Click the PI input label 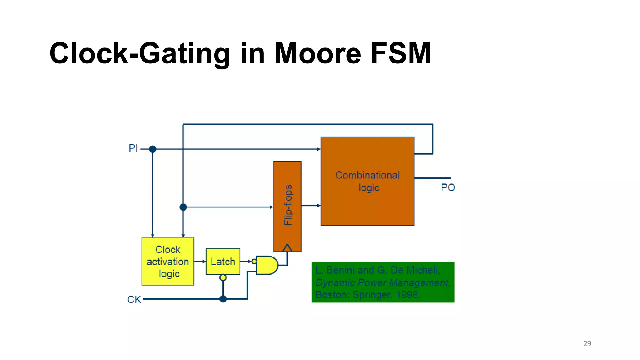[x=133, y=148]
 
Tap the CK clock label [x=134, y=299]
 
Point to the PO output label [x=447, y=187]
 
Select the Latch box [x=223, y=262]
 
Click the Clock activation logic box [x=168, y=262]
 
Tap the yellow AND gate [x=267, y=265]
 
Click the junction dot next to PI [x=152, y=149]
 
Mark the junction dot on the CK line [x=223, y=299]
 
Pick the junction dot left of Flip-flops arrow [x=183, y=207]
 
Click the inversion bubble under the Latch [x=223, y=277]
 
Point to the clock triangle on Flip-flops [x=287, y=248]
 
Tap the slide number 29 [x=587, y=343]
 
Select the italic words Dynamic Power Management [x=382, y=282]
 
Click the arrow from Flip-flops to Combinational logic [x=311, y=206]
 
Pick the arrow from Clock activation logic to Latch [x=200, y=261]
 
